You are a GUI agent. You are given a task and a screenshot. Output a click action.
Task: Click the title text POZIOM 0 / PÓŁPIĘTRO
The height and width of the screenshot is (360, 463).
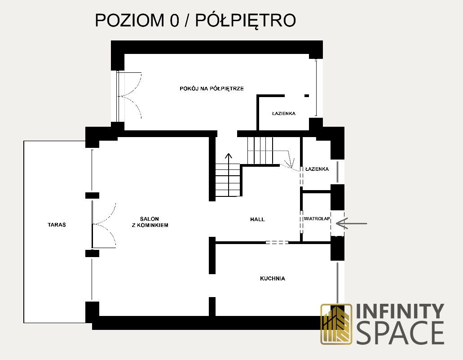click(x=195, y=21)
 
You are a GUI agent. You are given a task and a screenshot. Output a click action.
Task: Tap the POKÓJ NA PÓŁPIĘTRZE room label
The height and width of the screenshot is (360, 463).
click(x=212, y=89)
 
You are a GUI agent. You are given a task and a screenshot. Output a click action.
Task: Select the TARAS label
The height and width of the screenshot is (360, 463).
click(x=57, y=224)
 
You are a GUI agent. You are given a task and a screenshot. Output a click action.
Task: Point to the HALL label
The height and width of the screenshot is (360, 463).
click(x=257, y=219)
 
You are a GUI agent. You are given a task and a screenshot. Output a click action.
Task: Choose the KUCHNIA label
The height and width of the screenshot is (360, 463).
click(x=272, y=279)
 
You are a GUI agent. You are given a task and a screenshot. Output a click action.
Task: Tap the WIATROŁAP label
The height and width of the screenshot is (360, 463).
click(x=317, y=219)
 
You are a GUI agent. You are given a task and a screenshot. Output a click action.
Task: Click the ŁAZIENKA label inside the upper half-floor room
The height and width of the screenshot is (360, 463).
click(x=283, y=114)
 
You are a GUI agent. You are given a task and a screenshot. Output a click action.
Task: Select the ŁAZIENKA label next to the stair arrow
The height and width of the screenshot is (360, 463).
click(x=317, y=169)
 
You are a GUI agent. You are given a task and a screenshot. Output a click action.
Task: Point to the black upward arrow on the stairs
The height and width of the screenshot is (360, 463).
click(x=229, y=158)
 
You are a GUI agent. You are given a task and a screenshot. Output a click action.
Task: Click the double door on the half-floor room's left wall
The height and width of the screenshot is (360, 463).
click(x=130, y=95)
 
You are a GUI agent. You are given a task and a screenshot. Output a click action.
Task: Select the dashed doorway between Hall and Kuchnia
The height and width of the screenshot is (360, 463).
click(x=277, y=243)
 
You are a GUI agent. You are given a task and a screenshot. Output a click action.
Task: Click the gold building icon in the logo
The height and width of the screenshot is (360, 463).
click(x=336, y=324)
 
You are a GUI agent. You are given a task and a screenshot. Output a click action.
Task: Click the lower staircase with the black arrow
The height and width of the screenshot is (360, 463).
click(x=229, y=180)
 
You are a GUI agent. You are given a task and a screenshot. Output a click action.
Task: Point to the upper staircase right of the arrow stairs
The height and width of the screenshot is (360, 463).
click(x=260, y=151)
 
